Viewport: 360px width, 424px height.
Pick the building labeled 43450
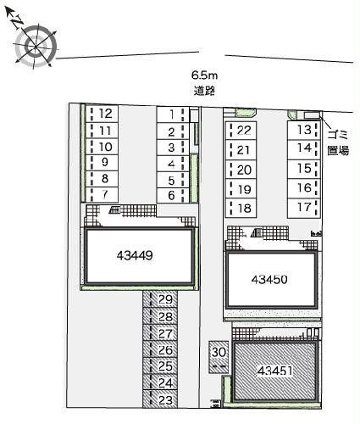[273, 279]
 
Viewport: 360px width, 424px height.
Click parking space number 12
[105, 114]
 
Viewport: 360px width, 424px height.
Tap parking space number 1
[171, 114]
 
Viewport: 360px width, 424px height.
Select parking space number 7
[105, 195]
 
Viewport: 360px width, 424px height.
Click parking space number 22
[244, 130]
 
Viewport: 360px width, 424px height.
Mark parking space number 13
[302, 130]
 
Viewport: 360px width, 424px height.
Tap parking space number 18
[244, 209]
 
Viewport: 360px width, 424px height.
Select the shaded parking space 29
[164, 301]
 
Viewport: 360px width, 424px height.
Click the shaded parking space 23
[164, 399]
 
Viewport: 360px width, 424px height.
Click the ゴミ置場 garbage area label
[338, 143]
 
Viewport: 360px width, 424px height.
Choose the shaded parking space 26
[164, 350]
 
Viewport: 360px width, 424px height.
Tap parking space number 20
[244, 170]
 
